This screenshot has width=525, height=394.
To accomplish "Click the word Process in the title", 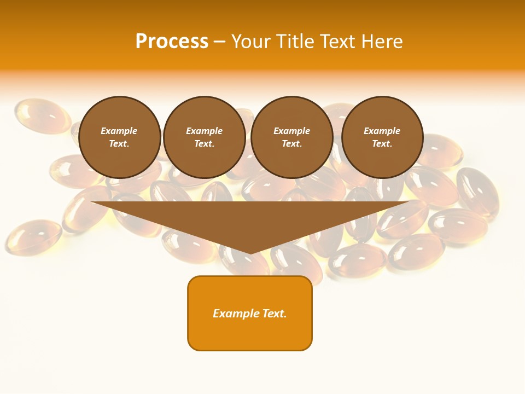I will click(x=172, y=42).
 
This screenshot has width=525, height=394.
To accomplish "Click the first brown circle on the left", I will click(x=119, y=137).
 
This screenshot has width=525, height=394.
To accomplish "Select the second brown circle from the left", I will click(x=204, y=137).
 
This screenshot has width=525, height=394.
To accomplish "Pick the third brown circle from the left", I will click(x=291, y=137).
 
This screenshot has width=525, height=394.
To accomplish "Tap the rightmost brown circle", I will click(x=382, y=137).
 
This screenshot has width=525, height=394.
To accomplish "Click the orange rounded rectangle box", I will click(x=250, y=313).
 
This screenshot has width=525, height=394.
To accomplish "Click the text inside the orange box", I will click(x=250, y=314).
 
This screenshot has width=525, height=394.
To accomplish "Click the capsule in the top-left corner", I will click(x=42, y=115).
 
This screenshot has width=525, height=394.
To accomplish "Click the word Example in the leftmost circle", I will click(x=119, y=131).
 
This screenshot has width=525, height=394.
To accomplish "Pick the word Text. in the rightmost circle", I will click(x=382, y=144).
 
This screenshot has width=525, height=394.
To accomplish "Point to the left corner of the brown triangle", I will click(x=92, y=202).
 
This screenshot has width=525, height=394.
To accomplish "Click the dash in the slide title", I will click(x=219, y=42).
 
